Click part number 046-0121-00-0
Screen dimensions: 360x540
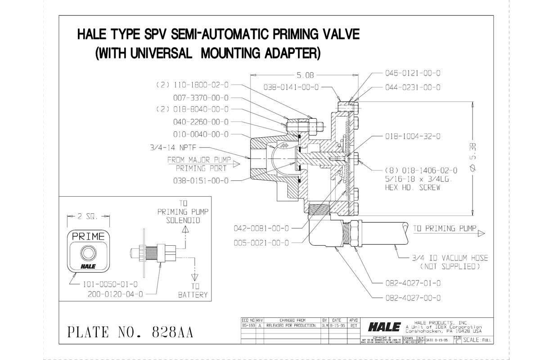(x=412, y=72)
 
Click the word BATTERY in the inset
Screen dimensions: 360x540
(x=193, y=295)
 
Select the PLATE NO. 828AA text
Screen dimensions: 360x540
(x=130, y=333)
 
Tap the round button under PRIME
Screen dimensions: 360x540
(x=88, y=252)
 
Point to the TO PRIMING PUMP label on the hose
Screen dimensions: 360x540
(x=444, y=229)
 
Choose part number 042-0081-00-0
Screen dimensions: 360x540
(x=261, y=228)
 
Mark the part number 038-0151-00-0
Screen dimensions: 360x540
(x=201, y=180)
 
